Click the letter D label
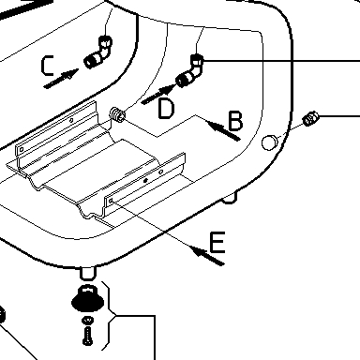coord(166,108)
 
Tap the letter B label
coord(235,121)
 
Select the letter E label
coord(217,242)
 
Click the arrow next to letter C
coord(61,79)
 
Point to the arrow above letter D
coord(158,95)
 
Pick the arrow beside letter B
coord(223,130)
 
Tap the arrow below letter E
coord(207,255)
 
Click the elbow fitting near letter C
coord(98,52)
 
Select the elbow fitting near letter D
coord(190,71)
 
